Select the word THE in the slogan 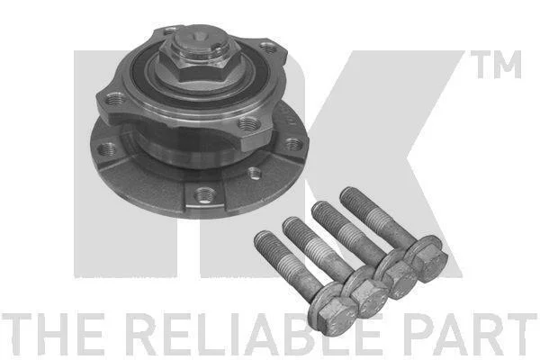[52, 334]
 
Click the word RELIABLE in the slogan [256, 334]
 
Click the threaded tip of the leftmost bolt [263, 238]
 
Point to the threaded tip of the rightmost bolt [348, 194]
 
